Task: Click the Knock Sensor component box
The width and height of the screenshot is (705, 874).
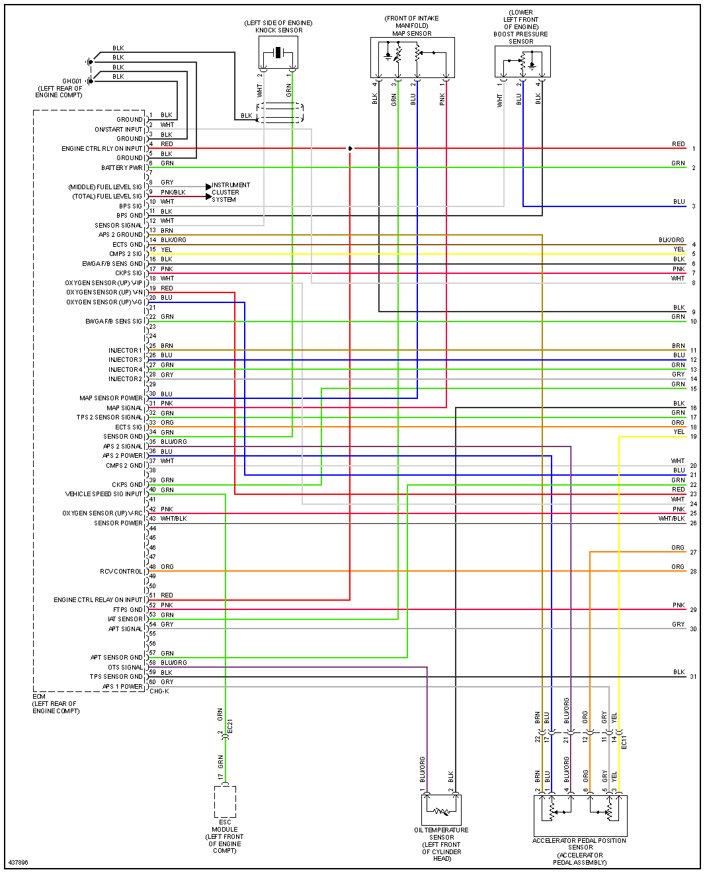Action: (278, 52)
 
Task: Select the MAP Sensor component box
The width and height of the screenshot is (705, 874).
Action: (412, 58)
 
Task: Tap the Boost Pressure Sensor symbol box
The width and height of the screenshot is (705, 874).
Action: (522, 62)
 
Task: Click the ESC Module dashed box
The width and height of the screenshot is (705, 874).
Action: (225, 801)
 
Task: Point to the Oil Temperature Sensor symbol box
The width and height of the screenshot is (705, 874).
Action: (441, 810)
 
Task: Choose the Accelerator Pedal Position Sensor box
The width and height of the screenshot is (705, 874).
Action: (580, 815)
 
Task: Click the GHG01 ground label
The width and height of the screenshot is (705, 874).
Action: (71, 81)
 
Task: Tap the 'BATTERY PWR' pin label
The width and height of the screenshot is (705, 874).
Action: (122, 168)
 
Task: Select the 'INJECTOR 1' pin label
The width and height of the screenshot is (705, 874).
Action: (125, 351)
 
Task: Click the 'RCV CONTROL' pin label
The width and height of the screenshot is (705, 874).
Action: (121, 572)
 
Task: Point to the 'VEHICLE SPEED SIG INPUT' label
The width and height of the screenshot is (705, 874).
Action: (104, 494)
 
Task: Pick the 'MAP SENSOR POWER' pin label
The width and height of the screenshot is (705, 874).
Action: (110, 398)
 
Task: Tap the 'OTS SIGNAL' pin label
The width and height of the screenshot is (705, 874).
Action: (125, 668)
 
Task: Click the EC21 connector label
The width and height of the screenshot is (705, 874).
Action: (230, 726)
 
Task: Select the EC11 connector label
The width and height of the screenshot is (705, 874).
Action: (624, 742)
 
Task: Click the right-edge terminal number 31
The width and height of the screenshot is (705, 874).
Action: (693, 677)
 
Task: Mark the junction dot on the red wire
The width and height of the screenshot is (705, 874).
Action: (350, 148)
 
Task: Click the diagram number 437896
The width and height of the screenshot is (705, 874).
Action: (19, 863)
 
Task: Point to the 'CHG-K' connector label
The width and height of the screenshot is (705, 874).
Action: (159, 691)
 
